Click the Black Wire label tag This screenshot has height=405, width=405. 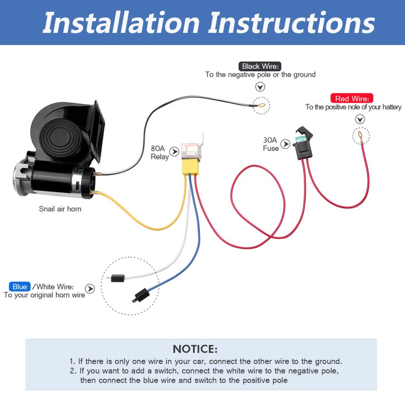click(x=260, y=66)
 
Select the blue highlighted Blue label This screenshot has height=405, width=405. click(x=20, y=287)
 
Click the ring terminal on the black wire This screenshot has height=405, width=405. click(x=260, y=106)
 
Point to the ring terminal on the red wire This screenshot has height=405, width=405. click(x=360, y=135)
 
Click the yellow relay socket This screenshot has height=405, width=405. click(x=191, y=164)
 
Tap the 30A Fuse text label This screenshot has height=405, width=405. click(x=271, y=144)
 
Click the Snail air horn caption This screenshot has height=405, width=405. click(x=60, y=209)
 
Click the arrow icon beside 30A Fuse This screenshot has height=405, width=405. click(x=286, y=144)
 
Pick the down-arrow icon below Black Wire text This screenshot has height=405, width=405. click(x=260, y=87)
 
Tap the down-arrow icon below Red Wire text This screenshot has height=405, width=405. click(x=360, y=119)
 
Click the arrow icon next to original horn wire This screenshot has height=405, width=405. click(x=90, y=289)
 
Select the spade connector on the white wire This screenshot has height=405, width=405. click(x=117, y=278)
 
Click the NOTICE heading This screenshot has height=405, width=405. click(x=195, y=349)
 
